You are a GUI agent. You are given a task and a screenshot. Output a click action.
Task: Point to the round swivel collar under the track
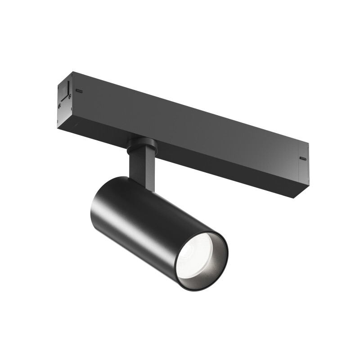pos(142,145)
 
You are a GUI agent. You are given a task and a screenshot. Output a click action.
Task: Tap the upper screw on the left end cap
pos(69,95)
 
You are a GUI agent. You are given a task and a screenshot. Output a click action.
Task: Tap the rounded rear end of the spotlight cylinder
pos(97,198)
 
